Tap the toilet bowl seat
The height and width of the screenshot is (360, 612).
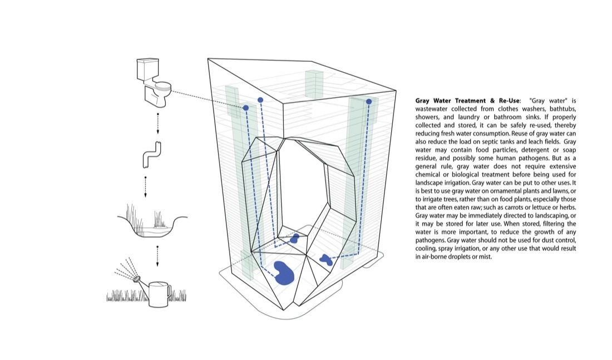coord(163,86)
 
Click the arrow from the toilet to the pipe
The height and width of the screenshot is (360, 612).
coord(158,124)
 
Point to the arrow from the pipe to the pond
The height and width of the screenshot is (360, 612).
coord(145,187)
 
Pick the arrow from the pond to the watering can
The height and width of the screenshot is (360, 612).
coord(158,254)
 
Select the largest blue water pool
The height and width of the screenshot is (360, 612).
coord(284,273)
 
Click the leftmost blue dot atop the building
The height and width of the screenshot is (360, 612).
coord(245,107)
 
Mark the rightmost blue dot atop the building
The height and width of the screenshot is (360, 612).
coord(368,102)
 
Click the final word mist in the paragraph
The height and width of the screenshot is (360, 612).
coord(485,257)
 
